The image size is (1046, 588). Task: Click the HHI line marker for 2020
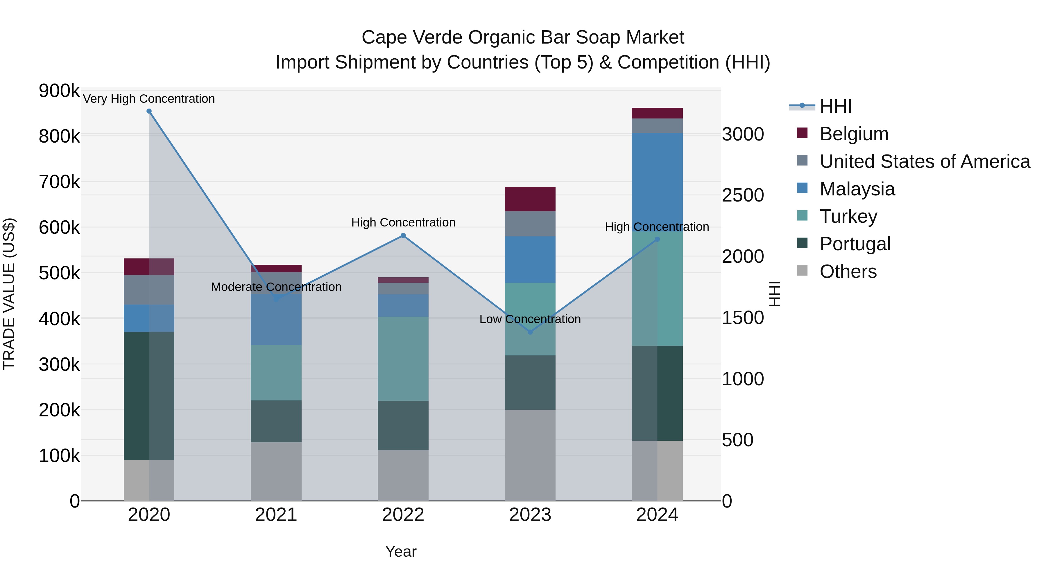pyautogui.click(x=149, y=111)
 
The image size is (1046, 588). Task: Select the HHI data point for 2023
pyautogui.click(x=530, y=332)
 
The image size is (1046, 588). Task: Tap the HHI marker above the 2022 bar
pyautogui.click(x=403, y=235)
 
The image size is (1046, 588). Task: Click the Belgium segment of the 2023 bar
pyautogui.click(x=530, y=199)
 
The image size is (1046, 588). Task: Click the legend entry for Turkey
pyautogui.click(x=848, y=216)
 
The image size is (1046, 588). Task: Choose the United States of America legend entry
pyautogui.click(x=925, y=161)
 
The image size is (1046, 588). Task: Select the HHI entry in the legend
pyautogui.click(x=835, y=106)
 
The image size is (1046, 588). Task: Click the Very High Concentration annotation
pyautogui.click(x=148, y=99)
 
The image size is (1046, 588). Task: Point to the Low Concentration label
pyautogui.click(x=530, y=319)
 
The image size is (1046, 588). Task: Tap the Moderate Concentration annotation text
pyautogui.click(x=276, y=287)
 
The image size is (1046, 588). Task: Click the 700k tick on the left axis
pyautogui.click(x=59, y=182)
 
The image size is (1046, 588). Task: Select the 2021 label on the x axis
pyautogui.click(x=276, y=515)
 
